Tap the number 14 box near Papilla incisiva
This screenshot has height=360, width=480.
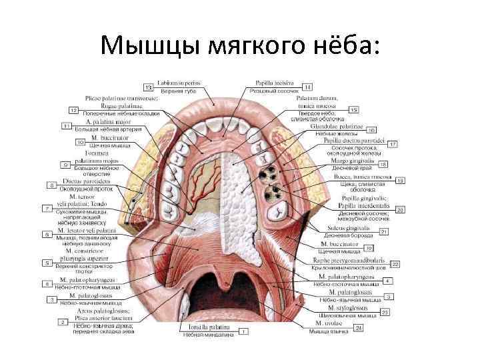point(307,87)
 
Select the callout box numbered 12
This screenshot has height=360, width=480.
point(73,109)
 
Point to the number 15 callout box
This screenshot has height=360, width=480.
point(353,109)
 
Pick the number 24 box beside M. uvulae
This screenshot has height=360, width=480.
point(359,327)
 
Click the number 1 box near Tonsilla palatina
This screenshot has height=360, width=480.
point(244,331)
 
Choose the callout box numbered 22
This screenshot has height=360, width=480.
point(395,265)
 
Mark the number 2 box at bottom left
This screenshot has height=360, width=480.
point(63,322)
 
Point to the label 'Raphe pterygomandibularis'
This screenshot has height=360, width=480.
point(347,260)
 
